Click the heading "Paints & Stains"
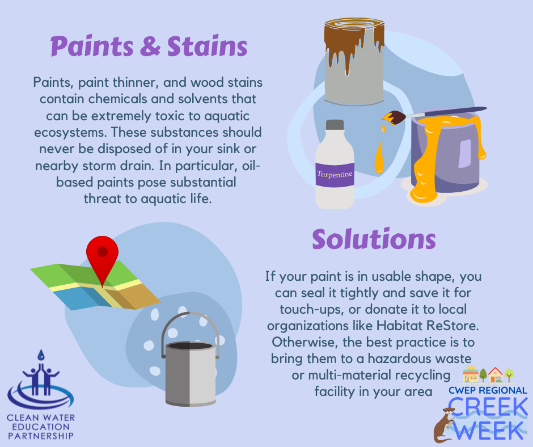click(x=149, y=46)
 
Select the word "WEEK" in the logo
click(x=491, y=429)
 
